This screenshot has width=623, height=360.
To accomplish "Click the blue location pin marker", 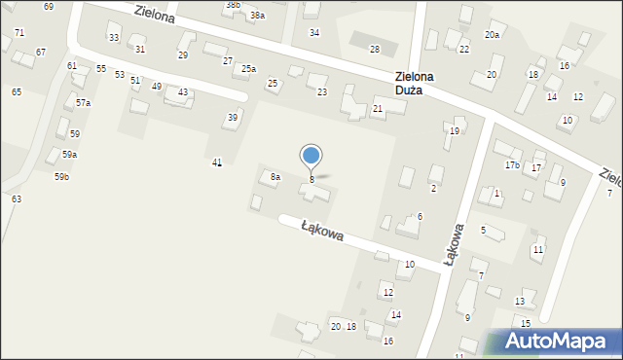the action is tap(311, 156).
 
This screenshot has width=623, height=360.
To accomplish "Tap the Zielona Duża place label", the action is tap(415, 84).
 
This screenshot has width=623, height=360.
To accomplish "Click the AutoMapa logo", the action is tap(558, 342).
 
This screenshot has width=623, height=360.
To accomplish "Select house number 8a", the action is tap(275, 177).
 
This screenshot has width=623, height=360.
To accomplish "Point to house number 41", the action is tap(217, 162).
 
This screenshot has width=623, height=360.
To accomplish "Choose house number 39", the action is tap(232, 118).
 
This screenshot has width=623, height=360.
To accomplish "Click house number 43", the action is tap(183, 92).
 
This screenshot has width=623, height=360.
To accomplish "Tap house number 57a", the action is tap(83, 103).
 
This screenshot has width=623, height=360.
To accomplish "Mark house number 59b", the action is tap(61, 177).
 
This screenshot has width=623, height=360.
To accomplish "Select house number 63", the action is tap(17, 198).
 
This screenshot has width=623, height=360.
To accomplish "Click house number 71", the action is tap(19, 33).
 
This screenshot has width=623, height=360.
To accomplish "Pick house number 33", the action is tap(114, 38).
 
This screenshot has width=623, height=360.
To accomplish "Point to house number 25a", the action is tap(249, 69).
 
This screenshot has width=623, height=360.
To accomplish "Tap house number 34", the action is tap(313, 33).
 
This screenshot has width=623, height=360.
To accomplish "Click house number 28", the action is tap(374, 49).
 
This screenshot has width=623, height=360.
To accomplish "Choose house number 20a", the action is tap(493, 35).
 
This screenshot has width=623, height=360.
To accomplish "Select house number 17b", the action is tap(511, 165).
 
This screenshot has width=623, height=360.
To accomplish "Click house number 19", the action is tap(454, 131).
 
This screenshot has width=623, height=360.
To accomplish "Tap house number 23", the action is tap(322, 92).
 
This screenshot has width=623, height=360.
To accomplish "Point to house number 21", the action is tap(377, 110).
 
